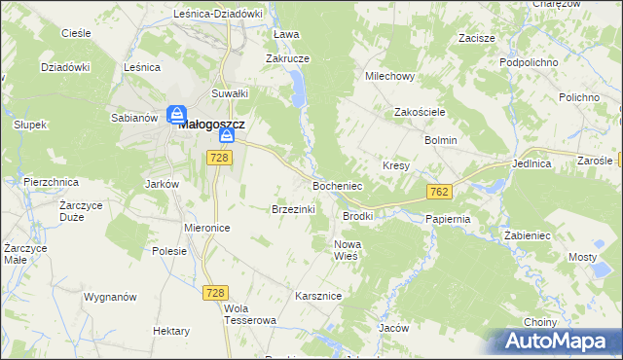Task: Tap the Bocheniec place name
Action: (x=337, y=184)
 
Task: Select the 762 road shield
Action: (x=438, y=192)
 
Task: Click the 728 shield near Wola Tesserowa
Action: (x=216, y=292)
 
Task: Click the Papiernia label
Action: (x=448, y=219)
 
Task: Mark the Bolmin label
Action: (x=440, y=140)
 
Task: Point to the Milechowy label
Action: (x=389, y=75)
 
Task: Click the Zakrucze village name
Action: (x=287, y=57)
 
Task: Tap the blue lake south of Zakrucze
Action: (x=297, y=92)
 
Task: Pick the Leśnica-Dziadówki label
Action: (x=218, y=14)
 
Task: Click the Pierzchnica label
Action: (x=50, y=181)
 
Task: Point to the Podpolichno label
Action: (x=528, y=61)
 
